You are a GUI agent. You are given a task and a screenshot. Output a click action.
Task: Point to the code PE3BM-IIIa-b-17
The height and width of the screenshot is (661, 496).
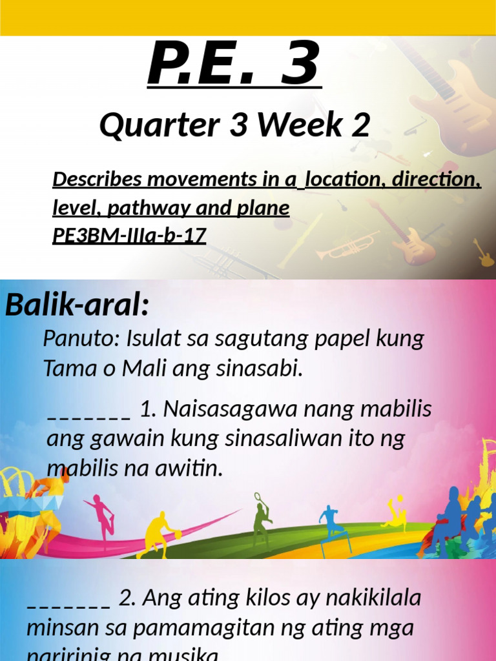pos(129,236)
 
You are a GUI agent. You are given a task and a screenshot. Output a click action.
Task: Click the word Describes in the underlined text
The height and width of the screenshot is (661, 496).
pos(97,179)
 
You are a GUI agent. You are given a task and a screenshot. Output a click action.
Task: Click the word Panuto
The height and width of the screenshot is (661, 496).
pos(81,338)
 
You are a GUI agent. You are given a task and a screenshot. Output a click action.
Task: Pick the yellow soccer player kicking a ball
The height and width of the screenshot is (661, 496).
pos(395,514)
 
